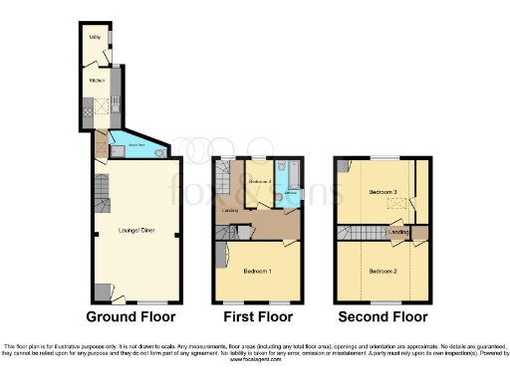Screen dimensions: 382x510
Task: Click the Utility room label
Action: [x=93, y=38]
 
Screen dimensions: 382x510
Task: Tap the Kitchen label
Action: [x=98, y=82]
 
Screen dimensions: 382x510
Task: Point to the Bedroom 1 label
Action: [x=258, y=271]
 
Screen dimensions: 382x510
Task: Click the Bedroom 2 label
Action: [x=383, y=271]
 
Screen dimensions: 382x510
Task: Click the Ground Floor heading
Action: [x=130, y=317]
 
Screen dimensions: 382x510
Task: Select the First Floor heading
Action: [x=257, y=317]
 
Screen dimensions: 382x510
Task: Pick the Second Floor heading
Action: [x=383, y=317]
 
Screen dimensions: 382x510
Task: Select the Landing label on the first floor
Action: [x=230, y=211]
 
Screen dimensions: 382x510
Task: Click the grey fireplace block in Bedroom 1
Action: [x=219, y=263]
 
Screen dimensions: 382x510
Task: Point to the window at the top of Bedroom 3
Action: [x=383, y=157]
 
